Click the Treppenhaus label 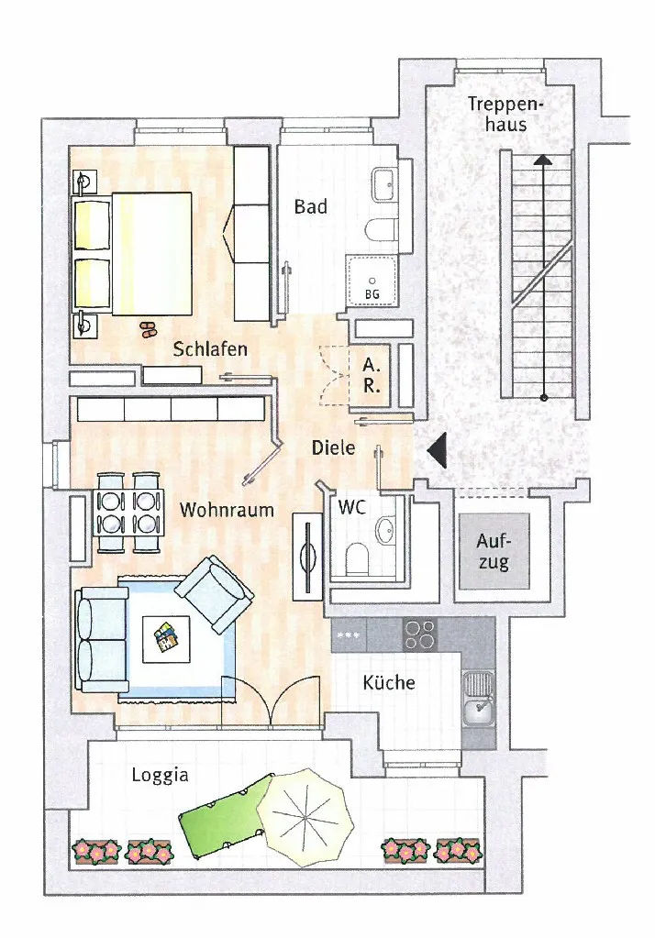505,114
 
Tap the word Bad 311,207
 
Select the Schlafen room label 210,348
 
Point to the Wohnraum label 227,510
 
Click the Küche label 389,682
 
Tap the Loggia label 160,776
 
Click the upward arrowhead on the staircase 542,160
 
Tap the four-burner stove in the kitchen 419,635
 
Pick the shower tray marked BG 372,280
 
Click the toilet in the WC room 358,557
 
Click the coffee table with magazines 166,639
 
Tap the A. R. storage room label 372,375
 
